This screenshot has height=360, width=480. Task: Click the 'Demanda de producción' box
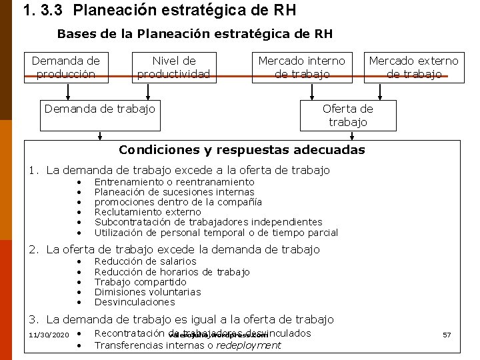(x=66, y=67)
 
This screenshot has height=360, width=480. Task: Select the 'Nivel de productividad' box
(x=173, y=67)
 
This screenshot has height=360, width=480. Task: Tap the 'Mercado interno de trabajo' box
(x=301, y=67)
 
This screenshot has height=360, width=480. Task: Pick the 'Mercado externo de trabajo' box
(x=413, y=67)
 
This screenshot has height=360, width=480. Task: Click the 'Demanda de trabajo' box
(x=99, y=108)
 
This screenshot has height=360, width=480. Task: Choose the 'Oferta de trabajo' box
(x=347, y=115)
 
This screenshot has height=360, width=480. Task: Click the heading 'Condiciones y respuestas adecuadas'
(x=241, y=149)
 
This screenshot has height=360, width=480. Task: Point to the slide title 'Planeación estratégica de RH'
(x=185, y=11)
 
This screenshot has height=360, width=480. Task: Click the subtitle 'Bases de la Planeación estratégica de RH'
(x=195, y=33)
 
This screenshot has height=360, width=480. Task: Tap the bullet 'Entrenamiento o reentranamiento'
(x=174, y=182)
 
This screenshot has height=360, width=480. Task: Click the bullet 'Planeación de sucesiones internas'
(x=174, y=192)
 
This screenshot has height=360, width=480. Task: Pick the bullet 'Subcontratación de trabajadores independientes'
(x=208, y=222)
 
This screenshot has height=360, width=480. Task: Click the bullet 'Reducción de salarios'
(x=145, y=261)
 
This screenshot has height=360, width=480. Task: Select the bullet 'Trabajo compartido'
(x=140, y=282)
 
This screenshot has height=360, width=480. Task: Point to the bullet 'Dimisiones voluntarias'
(x=147, y=292)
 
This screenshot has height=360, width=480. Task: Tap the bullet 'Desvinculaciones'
(x=134, y=302)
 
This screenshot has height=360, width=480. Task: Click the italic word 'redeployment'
(x=249, y=345)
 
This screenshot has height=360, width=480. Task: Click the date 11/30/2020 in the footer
(x=49, y=334)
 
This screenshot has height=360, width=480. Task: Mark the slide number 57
(x=447, y=334)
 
